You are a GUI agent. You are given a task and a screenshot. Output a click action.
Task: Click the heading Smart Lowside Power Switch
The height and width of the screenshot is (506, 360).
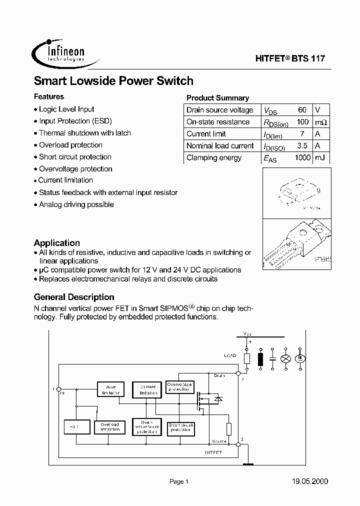tap(113, 80)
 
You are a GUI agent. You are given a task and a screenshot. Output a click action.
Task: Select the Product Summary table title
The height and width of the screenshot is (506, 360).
tap(217, 98)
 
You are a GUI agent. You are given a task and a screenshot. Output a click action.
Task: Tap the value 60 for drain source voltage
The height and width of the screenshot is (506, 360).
tap(302, 110)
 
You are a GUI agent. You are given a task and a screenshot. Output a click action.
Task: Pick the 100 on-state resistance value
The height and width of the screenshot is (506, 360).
tap(302, 122)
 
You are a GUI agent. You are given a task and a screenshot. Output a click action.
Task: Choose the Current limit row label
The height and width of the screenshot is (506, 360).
tap(206, 134)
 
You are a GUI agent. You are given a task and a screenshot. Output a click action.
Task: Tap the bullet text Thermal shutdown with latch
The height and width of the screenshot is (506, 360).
tap(84, 133)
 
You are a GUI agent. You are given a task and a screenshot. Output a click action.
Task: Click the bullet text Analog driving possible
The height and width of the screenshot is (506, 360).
tap(76, 204)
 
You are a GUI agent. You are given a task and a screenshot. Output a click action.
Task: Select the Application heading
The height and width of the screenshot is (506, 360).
tap(56, 243)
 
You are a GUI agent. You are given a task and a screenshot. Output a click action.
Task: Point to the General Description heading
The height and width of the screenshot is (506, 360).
tap(74, 297)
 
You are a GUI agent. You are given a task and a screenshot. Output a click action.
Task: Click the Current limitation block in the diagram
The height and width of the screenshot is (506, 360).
tap(147, 390)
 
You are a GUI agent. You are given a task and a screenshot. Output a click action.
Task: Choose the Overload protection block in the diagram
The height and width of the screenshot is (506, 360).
tap(109, 427)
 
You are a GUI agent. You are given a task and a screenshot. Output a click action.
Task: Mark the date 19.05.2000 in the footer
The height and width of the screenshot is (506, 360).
tap(309, 481)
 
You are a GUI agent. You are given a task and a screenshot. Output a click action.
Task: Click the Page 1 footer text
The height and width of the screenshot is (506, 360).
tap(178, 481)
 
